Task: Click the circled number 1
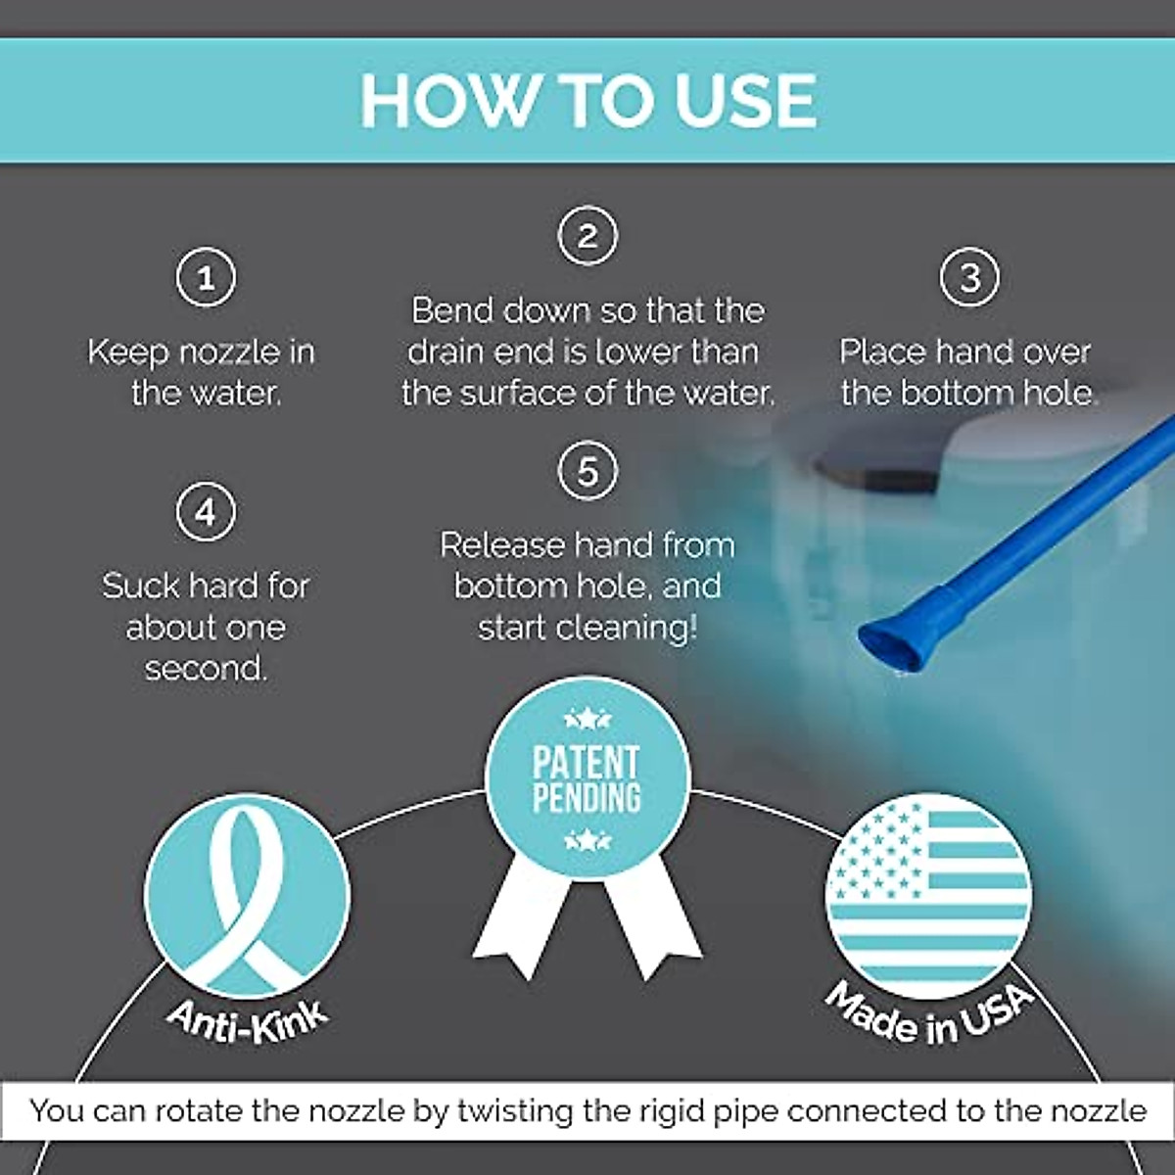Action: [206, 278]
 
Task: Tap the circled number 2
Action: [587, 237]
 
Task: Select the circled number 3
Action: [969, 278]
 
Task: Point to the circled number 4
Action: [206, 512]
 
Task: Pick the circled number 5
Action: [587, 471]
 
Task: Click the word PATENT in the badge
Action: [587, 761]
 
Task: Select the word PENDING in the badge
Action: [587, 797]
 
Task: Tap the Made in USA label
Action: [928, 1013]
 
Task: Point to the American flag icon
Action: [928, 893]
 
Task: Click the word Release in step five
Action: [501, 545]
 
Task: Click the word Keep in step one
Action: [123, 352]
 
